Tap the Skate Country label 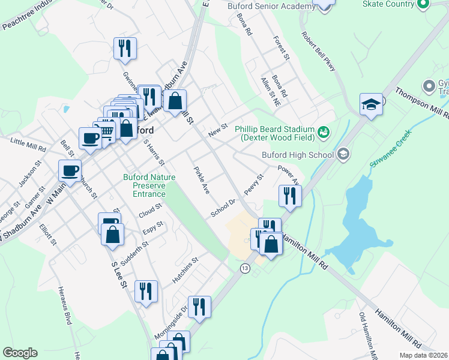pos(388,4)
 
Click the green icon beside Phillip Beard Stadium pos(324,131)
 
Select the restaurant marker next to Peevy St pos(290,196)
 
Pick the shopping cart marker pos(106,131)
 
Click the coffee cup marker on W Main pos(70,170)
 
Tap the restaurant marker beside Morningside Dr pos(199,307)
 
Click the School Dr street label pos(221,209)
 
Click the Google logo pos(20,353)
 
